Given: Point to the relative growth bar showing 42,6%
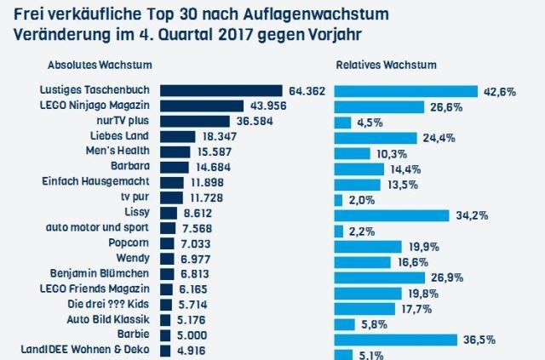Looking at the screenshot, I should click(x=405, y=91).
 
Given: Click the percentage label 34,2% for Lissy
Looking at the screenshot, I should click(x=471, y=215).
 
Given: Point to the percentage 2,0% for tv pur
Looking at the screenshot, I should click(x=364, y=199).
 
